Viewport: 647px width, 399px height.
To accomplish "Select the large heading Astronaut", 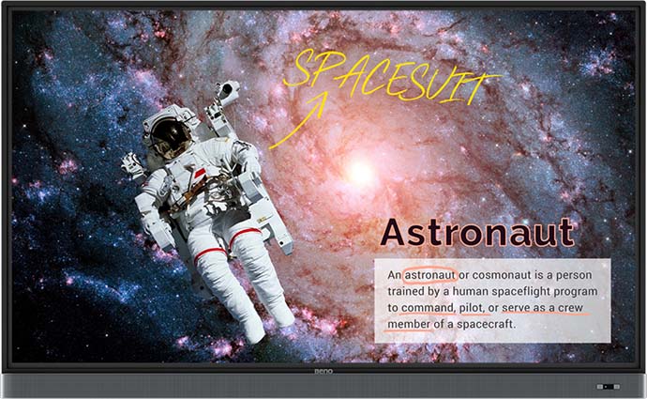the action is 477,232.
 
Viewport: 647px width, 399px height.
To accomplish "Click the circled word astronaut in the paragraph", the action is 429,275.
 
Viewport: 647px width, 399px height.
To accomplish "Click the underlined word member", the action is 409,325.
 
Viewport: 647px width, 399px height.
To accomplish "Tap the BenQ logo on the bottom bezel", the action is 323,372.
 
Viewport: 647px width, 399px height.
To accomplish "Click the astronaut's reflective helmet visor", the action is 170,139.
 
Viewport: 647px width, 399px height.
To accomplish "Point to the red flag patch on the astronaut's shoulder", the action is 200,173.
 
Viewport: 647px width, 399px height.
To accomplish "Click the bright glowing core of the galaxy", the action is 361,172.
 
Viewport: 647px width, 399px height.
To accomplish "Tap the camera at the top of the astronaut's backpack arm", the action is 228,89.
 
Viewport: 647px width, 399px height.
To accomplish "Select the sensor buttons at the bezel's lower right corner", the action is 608,387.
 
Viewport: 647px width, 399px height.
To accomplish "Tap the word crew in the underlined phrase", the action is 570,308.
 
